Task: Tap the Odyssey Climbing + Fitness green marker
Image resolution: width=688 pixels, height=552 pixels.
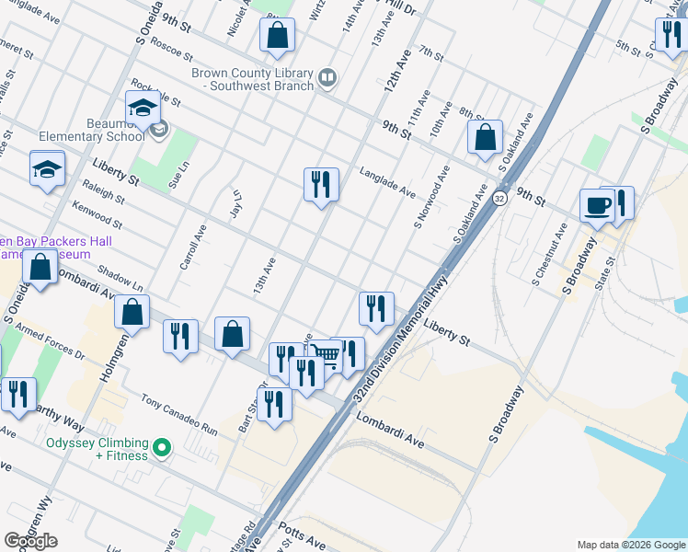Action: tap(163, 449)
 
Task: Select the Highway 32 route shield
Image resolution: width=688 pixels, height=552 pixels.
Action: tap(499, 198)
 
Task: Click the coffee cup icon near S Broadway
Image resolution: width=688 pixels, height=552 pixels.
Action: tap(596, 204)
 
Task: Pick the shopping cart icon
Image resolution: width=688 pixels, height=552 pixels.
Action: tap(326, 354)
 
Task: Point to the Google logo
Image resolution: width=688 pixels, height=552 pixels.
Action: tap(30, 541)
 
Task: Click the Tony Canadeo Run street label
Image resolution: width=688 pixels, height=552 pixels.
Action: tap(179, 415)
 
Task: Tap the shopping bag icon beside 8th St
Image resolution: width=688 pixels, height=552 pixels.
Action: tap(485, 138)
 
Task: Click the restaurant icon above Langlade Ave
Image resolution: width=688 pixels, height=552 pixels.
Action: tap(321, 184)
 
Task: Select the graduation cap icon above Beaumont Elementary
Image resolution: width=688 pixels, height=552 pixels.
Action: tap(143, 108)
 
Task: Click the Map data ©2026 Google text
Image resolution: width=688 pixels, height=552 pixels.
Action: tap(630, 544)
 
